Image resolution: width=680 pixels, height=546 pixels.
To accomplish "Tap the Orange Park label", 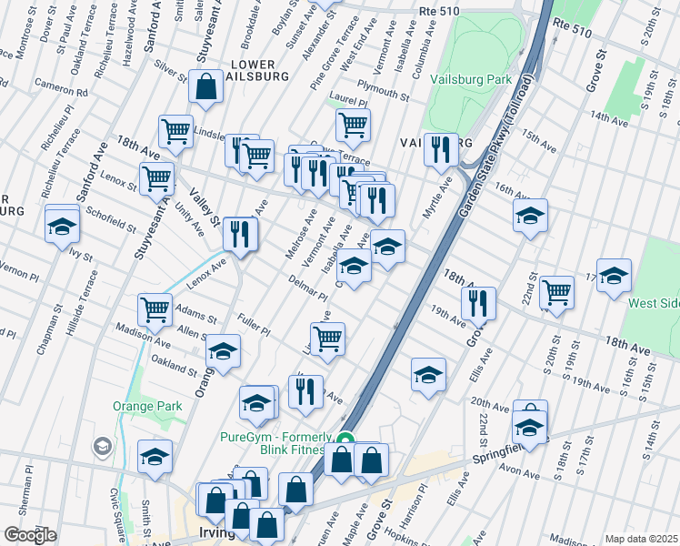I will [142, 406].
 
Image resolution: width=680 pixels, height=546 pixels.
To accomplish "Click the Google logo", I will [30, 535].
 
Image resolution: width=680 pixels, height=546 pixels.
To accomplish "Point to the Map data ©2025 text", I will [641, 539].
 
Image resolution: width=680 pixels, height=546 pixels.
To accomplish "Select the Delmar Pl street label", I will [307, 288].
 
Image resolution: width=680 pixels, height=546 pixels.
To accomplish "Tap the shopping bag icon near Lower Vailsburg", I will [206, 87].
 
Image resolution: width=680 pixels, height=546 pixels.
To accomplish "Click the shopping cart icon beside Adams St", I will [155, 308].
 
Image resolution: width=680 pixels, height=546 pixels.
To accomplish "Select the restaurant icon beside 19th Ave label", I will [477, 302].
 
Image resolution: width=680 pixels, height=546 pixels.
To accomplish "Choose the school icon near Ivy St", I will [62, 224].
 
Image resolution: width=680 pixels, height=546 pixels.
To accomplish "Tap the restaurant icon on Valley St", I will [241, 234].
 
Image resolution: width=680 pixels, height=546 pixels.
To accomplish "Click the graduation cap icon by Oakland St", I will [222, 350].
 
